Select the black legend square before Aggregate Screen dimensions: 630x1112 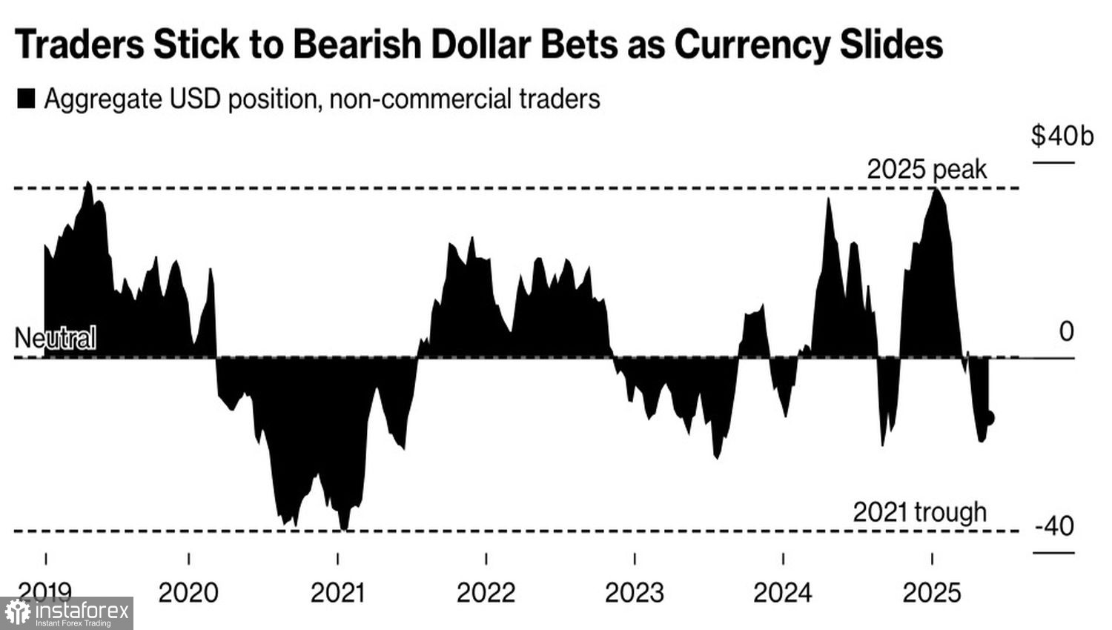pos(26,99)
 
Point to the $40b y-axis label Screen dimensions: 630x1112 pos(1062,136)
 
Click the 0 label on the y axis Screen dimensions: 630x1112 pos(1066,331)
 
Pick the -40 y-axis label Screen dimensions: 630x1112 pos(1054,526)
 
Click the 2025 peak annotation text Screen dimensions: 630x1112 pos(927,170)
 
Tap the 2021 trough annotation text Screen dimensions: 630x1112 pos(919,512)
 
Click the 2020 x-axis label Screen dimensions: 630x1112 pos(189,593)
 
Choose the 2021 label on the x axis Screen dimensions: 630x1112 pos(337,593)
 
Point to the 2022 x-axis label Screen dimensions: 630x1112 pos(486,593)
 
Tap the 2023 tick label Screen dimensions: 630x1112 pos(635,593)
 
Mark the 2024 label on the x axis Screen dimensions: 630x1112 pos(783,593)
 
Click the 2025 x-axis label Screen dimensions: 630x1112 pos(932,593)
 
